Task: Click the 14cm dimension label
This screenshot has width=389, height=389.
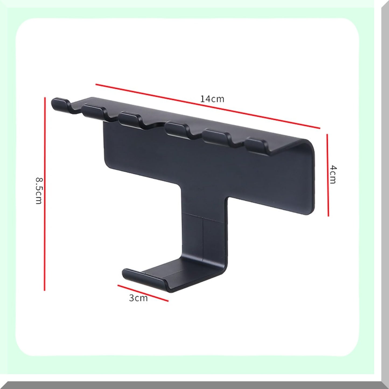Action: (212, 99)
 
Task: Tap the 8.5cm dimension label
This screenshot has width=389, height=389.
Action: (39, 190)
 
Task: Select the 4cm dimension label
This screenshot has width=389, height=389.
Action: (333, 175)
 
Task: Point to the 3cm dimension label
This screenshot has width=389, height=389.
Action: (138, 298)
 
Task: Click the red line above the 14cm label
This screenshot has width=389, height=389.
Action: (208, 106)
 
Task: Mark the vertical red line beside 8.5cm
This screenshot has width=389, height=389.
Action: (45, 194)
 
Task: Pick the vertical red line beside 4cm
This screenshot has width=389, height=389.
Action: (328, 175)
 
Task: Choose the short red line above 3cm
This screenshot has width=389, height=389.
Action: (143, 293)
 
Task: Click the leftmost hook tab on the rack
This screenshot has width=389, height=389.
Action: (59, 104)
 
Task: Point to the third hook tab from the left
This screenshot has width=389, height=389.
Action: (129, 118)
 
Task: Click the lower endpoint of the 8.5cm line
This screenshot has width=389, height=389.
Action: (45, 290)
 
